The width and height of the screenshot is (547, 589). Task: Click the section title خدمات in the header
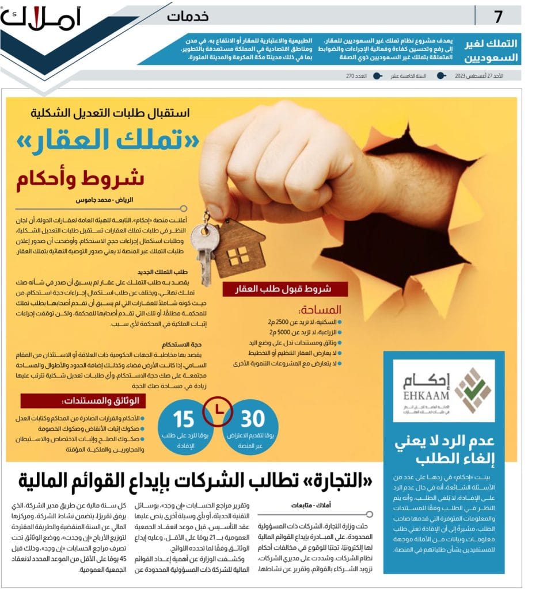click(x=188, y=16)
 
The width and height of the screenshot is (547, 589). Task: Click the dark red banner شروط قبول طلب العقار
click(x=286, y=289)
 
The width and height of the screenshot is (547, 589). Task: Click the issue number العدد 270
click(x=356, y=76)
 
